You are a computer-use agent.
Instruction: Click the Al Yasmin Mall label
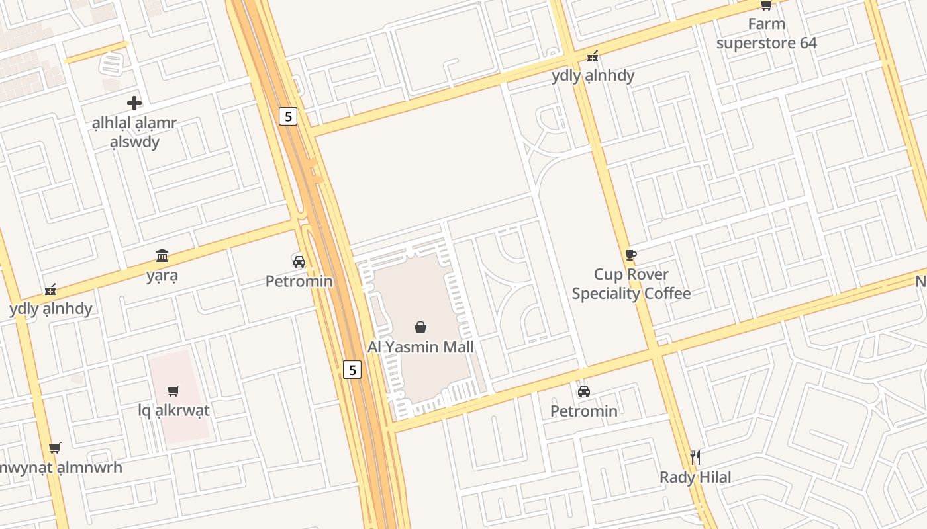[420, 346]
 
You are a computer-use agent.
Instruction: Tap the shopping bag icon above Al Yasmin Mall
[420, 327]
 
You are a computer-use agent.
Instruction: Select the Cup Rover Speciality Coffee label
[631, 284]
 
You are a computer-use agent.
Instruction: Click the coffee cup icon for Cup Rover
[630, 255]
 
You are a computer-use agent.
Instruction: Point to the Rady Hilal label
[695, 477]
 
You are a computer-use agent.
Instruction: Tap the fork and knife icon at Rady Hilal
[695, 457]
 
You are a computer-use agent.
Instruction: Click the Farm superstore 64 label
[766, 34]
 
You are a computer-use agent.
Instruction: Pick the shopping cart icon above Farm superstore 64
[766, 5]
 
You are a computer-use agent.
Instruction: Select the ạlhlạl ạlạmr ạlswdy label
[134, 132]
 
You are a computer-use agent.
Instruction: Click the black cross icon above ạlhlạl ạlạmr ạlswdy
[134, 103]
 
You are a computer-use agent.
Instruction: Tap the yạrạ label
[162, 275]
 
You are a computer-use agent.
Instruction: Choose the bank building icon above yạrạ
[162, 255]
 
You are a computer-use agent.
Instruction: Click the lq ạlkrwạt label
[173, 410]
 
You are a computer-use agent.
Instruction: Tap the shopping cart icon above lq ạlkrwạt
[173, 391]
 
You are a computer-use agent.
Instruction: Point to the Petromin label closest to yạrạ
[299, 281]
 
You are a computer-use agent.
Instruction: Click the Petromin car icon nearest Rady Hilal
[583, 391]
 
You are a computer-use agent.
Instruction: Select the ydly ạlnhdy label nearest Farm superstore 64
[593, 75]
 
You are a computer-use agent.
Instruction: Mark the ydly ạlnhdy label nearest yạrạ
[51, 309]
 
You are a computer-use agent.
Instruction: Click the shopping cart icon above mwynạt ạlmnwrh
[55, 448]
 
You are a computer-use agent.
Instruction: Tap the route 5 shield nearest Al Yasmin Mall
[352, 370]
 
